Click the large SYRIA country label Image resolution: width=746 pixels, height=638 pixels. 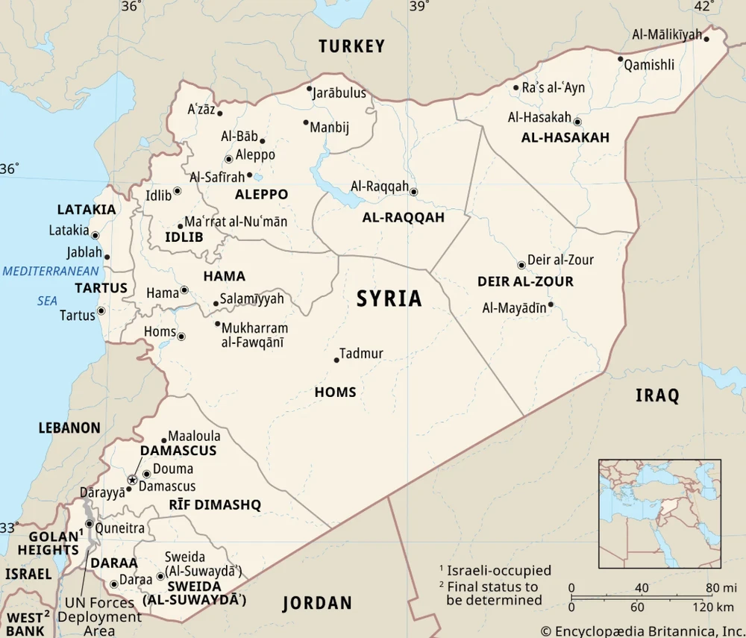coord(389,299)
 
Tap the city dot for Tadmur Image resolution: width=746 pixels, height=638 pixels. coord(336,360)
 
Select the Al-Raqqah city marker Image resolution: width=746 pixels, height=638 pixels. coord(414,192)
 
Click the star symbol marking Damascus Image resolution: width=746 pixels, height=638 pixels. coord(133,480)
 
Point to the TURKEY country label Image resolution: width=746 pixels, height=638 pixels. coord(351,46)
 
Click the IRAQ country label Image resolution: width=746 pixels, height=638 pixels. coord(657,395)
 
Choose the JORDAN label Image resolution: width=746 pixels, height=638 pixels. coord(316,603)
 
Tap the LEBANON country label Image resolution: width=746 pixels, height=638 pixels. coord(69,428)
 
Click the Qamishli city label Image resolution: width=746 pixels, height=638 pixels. coord(649,65)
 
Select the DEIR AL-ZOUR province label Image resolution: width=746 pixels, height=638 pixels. coord(525,281)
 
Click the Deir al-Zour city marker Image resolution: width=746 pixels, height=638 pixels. coord(521,265)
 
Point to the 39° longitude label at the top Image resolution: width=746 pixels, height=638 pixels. coord(418,7)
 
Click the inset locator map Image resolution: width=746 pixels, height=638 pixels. coord(659,513)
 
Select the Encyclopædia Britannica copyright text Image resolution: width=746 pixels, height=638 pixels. coord(642,631)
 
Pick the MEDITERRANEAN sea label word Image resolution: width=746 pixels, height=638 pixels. coord(50,271)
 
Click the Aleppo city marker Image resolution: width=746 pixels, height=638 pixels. coord(228,159)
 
